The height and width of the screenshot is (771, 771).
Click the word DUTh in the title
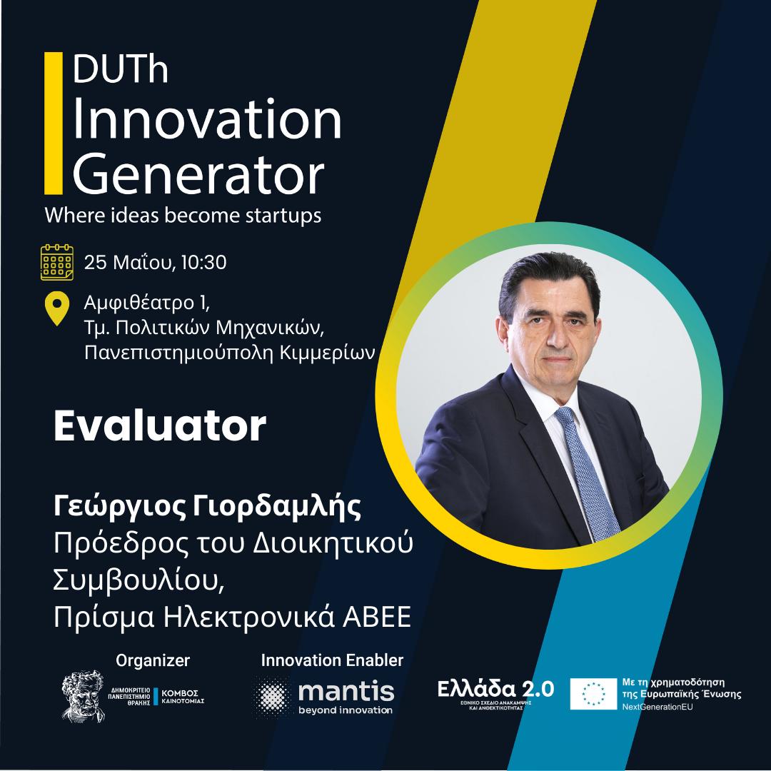121,69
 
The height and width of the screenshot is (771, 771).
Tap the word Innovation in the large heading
207,119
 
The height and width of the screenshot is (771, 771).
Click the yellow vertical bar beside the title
54,123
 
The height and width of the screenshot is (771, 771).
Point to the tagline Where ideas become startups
183,216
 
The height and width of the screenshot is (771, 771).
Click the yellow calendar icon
57,262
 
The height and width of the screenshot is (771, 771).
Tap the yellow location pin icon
57,309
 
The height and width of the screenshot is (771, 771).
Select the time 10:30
203,262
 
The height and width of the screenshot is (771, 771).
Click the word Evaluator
160,426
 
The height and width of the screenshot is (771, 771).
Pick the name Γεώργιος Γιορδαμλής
208,507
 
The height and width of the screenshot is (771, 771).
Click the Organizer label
153,660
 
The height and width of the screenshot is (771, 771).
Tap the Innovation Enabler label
332,660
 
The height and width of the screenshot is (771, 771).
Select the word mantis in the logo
346,691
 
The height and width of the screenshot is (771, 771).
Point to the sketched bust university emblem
83,696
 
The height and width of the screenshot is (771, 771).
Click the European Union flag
593,694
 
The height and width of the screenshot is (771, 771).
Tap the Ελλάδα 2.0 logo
495,692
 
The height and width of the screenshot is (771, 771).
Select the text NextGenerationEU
657,707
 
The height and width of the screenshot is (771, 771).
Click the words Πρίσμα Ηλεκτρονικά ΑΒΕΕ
232,617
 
